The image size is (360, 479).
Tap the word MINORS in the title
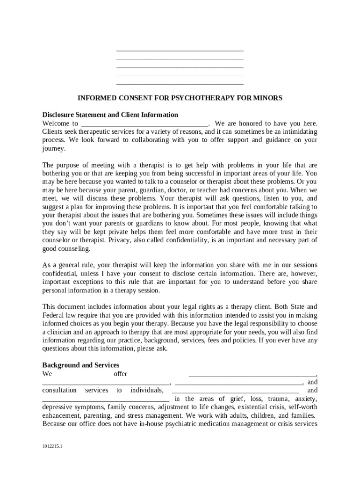(268, 98)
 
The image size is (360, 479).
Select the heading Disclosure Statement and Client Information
(110, 115)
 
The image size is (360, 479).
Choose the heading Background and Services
(81, 365)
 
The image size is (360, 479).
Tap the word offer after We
(121, 374)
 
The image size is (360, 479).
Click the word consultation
(59, 390)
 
